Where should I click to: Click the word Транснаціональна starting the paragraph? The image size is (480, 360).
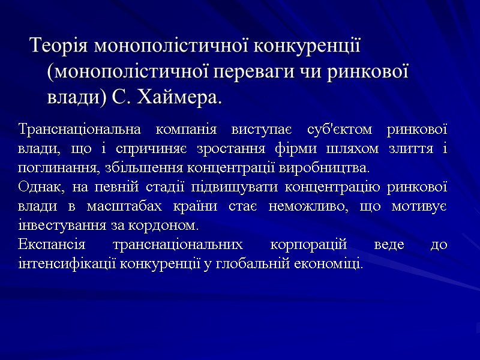[x=80, y=129]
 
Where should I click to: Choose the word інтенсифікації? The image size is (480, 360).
[x=67, y=264]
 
